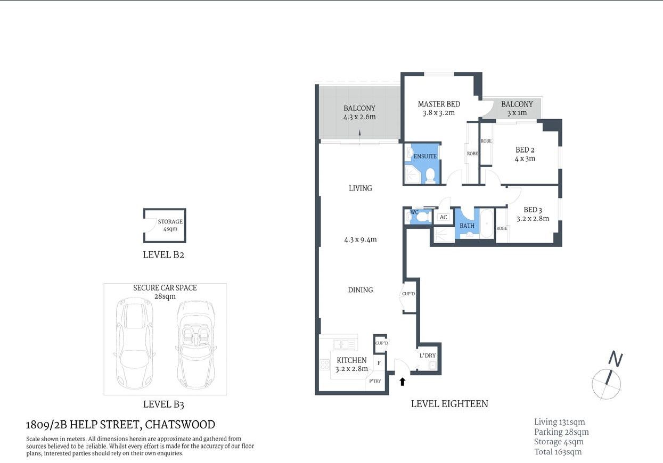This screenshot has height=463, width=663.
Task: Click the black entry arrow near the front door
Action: [402, 381]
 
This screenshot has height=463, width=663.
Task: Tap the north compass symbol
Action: [607, 381]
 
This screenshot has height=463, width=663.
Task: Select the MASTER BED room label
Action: [439, 104]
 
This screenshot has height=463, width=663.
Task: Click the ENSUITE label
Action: [425, 156]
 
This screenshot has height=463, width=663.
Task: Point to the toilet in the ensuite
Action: [430, 176]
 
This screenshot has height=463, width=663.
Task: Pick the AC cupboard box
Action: [443, 217]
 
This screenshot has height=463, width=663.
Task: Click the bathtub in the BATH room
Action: [487, 224]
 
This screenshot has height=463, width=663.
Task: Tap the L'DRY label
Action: [427, 355]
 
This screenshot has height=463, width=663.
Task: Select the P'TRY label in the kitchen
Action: [375, 381]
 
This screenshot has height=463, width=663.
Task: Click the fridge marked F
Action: [379, 363]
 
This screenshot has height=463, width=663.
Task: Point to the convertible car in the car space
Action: [195, 344]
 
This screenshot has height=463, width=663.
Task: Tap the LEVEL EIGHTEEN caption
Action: [449, 404]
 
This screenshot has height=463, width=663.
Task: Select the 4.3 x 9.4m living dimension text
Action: [360, 239]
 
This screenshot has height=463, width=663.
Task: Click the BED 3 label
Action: [533, 210]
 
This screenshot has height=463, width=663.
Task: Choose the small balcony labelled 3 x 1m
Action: [516, 109]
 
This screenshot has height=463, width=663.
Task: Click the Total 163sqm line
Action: [558, 452]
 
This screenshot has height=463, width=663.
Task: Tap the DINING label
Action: [360, 290]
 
